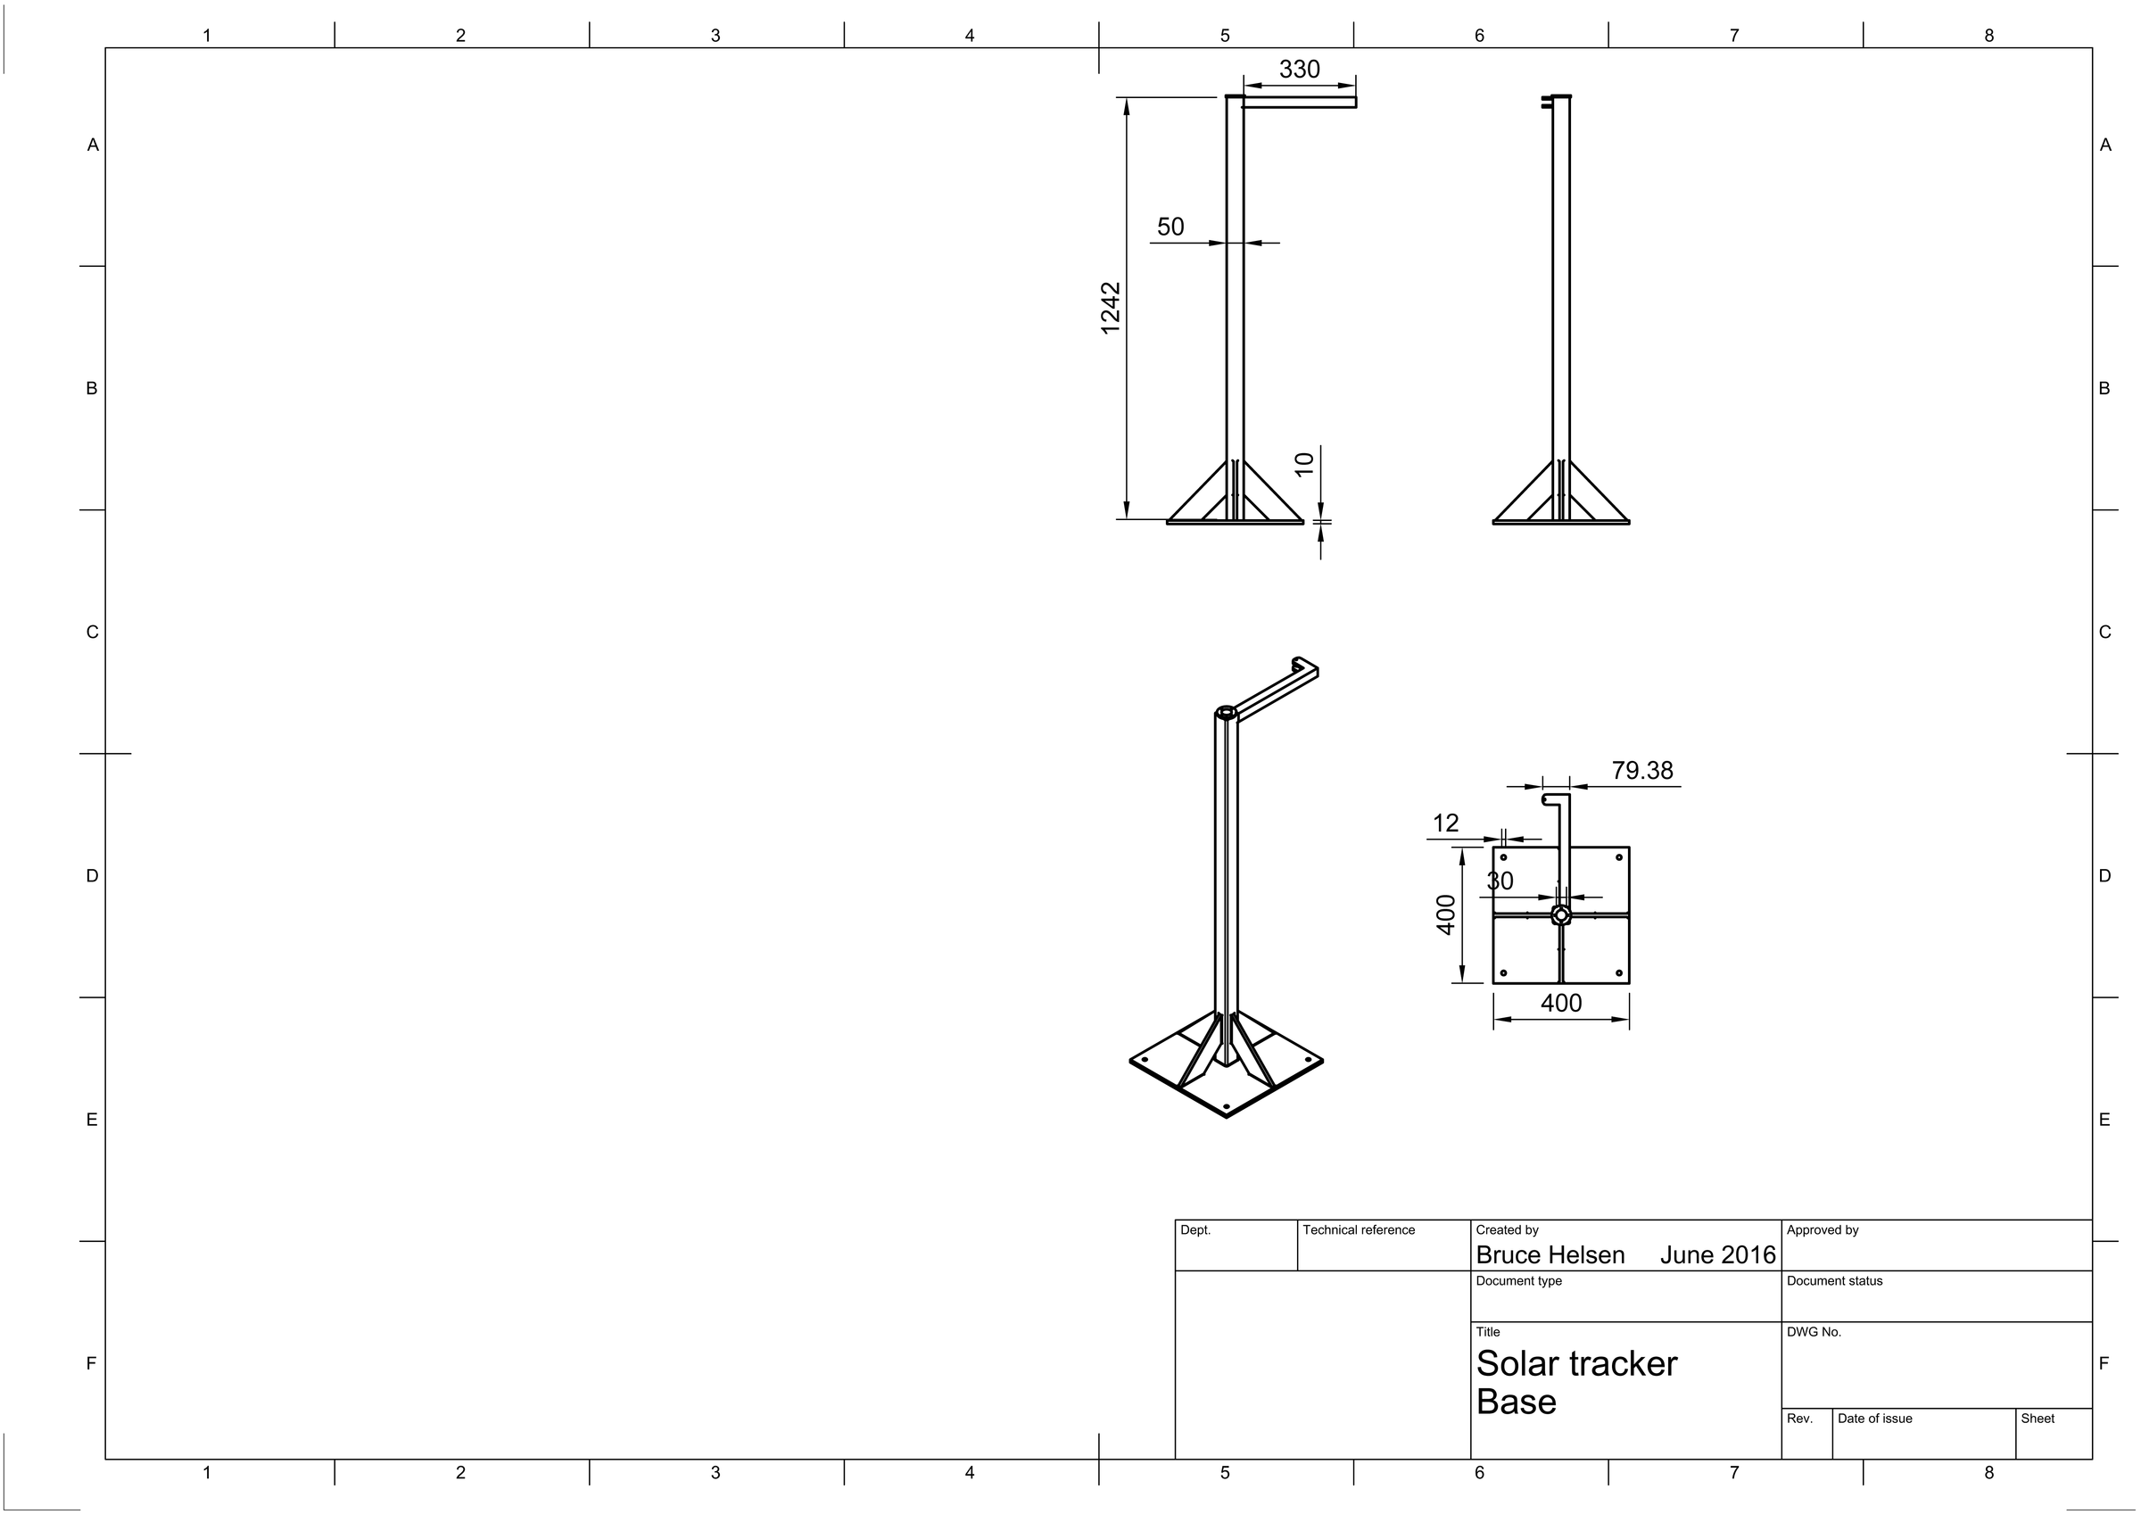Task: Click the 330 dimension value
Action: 1299,70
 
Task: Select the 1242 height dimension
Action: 1111,308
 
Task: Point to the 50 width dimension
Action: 1170,227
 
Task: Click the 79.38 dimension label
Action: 1642,771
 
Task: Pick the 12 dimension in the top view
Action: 1445,823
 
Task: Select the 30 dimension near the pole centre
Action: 1500,881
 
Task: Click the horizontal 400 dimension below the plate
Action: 1561,1004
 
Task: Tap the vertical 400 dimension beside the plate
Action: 1446,914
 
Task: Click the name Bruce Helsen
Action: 1550,1255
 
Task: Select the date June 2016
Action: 1717,1255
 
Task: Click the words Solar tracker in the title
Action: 1577,1365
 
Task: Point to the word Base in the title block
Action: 1517,1402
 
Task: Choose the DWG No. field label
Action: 1814,1332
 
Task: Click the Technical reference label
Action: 1359,1230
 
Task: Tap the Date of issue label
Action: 1874,1419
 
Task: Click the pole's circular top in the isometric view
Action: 1228,713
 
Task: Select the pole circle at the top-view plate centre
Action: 1561,915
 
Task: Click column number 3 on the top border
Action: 715,36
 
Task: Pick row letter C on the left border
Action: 92,633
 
